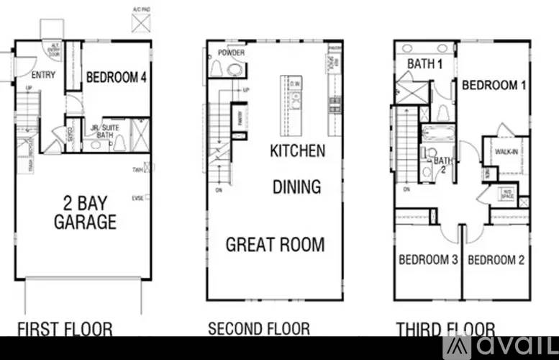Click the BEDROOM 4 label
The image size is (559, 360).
pyautogui.click(x=117, y=77)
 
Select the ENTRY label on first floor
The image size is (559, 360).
pyautogui.click(x=44, y=75)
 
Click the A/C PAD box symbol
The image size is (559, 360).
pyautogui.click(x=141, y=22)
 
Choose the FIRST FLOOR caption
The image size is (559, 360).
pyautogui.click(x=65, y=330)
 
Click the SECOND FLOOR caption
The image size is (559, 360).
pyautogui.click(x=259, y=329)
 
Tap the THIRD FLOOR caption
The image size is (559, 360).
pyautogui.click(x=445, y=330)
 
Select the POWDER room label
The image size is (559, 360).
pyautogui.click(x=231, y=53)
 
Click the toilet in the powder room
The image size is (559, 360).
pyautogui.click(x=234, y=68)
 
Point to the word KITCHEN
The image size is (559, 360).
pyautogui.click(x=297, y=151)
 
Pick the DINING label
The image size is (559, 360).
pyautogui.click(x=296, y=187)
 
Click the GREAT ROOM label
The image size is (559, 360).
pyautogui.click(x=275, y=244)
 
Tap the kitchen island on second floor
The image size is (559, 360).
pyautogui.click(x=295, y=101)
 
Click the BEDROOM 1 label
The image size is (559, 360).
pyautogui.click(x=494, y=85)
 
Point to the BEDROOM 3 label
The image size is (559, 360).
pyautogui.click(x=429, y=260)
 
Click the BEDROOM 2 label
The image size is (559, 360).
pyautogui.click(x=496, y=260)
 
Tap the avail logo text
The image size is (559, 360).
pyautogui.click(x=509, y=346)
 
